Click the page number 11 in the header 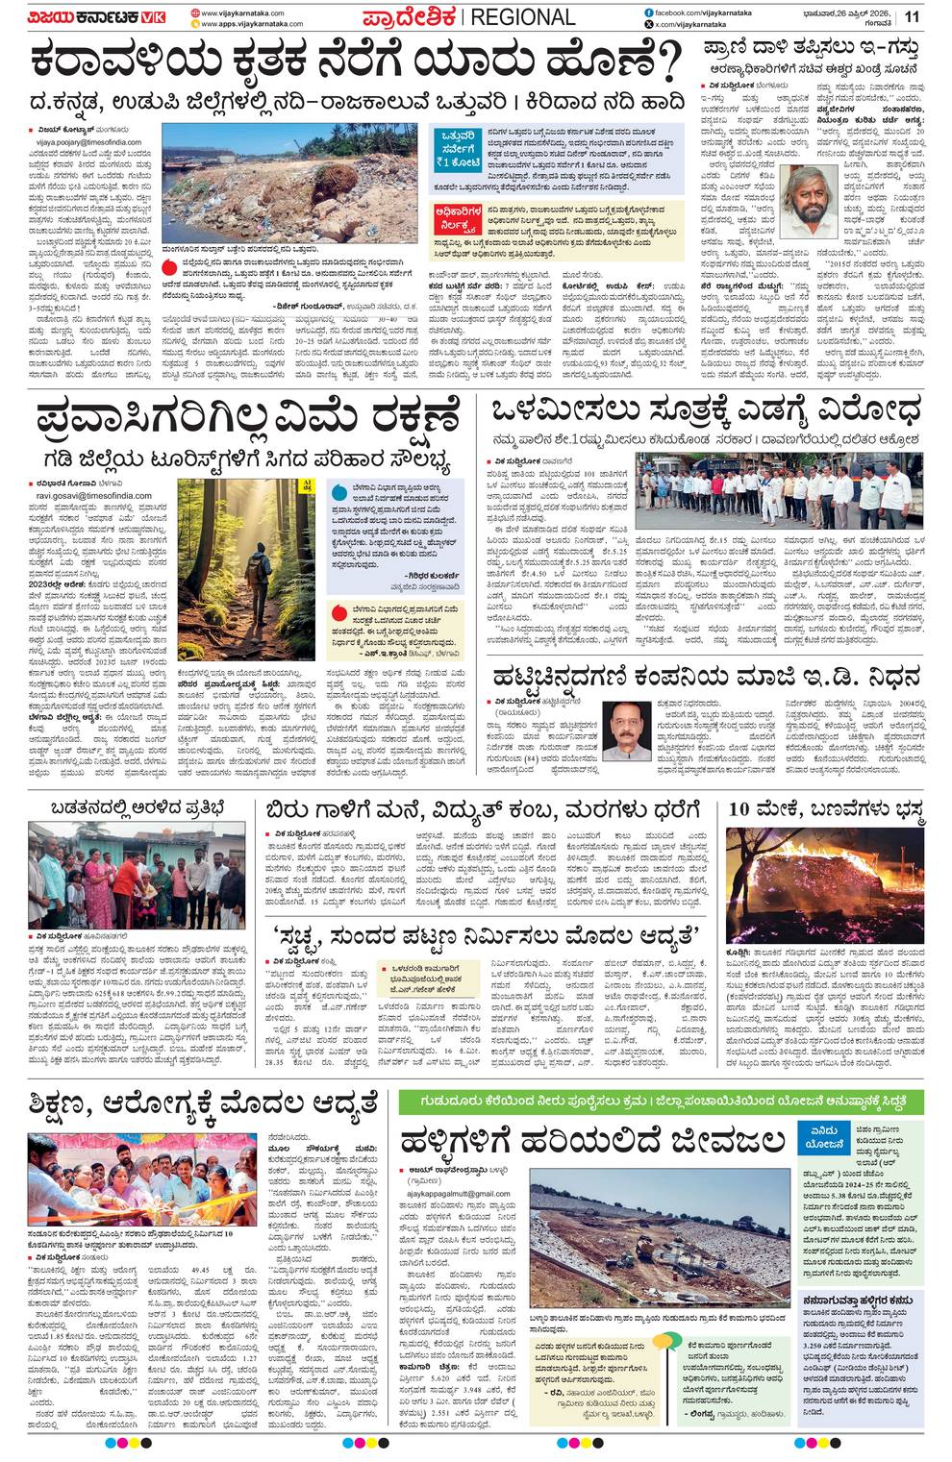click(912, 16)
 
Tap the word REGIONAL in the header click(523, 17)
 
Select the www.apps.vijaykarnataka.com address click(252, 24)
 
